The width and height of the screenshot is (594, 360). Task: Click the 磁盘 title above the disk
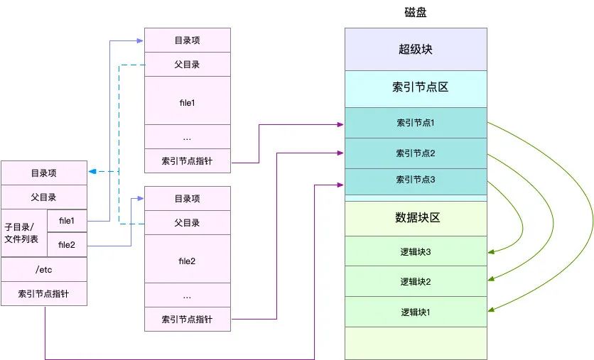point(416,13)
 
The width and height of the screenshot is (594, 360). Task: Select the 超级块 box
point(416,50)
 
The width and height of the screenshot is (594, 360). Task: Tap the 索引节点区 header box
point(416,87)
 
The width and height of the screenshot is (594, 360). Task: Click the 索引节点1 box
point(416,123)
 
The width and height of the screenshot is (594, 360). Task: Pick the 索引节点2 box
point(416,153)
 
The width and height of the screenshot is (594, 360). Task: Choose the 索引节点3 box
point(416,180)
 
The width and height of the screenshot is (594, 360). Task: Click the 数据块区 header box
point(416,218)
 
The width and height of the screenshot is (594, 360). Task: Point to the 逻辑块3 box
point(416,251)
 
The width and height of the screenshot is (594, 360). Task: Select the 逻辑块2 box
point(416,281)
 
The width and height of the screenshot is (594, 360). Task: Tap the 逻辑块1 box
point(416,312)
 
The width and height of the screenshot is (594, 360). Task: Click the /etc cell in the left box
point(44,269)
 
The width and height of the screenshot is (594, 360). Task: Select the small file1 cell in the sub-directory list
point(67,221)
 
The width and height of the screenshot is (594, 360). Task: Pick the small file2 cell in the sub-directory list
point(67,244)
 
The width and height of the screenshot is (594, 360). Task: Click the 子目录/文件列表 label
point(24,232)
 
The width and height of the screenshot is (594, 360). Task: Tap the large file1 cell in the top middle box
point(188,102)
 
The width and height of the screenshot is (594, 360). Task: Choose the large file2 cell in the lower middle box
point(188,261)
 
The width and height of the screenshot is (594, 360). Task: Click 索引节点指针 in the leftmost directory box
point(44,293)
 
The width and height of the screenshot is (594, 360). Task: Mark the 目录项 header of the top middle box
point(188,40)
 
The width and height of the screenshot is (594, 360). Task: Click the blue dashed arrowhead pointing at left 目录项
point(92,172)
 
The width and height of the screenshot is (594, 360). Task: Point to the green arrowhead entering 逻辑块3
point(491,251)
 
